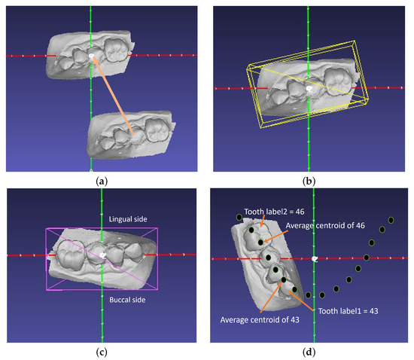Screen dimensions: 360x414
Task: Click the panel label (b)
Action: [x=311, y=181]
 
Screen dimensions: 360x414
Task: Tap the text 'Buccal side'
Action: [x=126, y=299]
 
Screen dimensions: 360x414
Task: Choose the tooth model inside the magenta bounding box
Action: [x=102, y=256]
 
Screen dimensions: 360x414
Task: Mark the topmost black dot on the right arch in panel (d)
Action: [x=391, y=220]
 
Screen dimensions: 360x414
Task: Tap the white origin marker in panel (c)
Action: [x=102, y=256]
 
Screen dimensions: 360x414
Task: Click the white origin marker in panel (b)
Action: [x=309, y=89]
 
